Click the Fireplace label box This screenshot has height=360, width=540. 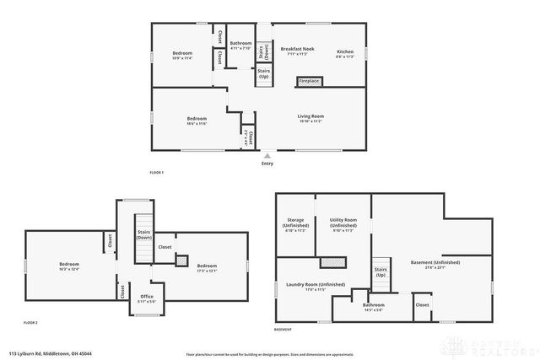pyautogui.click(x=308, y=81)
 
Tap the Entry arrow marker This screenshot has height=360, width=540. pyautogui.click(x=267, y=156)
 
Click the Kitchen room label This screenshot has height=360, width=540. pyautogui.click(x=345, y=51)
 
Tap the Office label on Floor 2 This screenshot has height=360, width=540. pyautogui.click(x=146, y=297)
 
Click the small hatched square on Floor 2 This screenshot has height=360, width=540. pyautogui.click(x=181, y=261)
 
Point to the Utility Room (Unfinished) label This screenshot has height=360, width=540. pyautogui.click(x=343, y=224)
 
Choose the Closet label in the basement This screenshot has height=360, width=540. pyautogui.click(x=422, y=304)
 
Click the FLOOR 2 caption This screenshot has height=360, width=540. pyautogui.click(x=31, y=323)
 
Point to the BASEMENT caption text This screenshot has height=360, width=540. pyautogui.click(x=283, y=329)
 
